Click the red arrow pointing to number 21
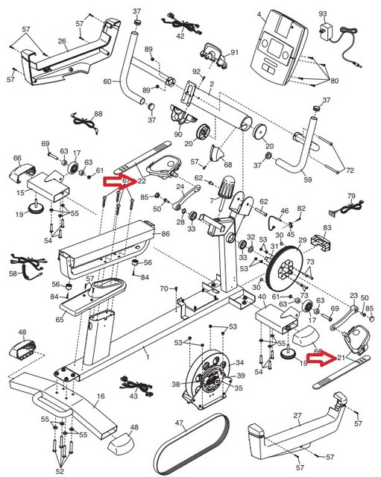[324, 360]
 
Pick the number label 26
[61, 42]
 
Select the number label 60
[107, 80]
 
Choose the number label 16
[101, 397]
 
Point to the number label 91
[233, 53]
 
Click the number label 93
[323, 13]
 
